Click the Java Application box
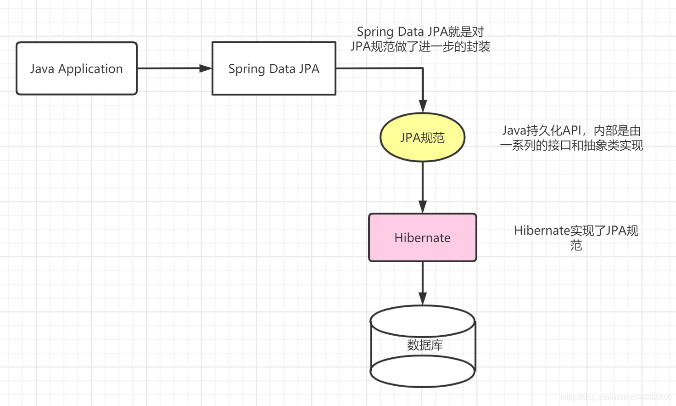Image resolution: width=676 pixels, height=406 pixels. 77,68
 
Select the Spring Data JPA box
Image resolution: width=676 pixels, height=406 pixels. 274,68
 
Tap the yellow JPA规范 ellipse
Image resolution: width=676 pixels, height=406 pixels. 422,137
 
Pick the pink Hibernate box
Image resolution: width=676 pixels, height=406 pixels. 422,237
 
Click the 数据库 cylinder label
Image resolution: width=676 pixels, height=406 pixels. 425,345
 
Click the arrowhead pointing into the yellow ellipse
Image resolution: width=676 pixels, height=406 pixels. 423,106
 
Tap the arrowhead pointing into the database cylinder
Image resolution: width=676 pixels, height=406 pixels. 423,299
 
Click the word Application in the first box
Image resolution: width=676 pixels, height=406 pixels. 90,69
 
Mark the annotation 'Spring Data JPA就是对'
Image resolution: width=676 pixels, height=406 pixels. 420,32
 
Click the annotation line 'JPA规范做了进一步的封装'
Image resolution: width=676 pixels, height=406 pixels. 420,46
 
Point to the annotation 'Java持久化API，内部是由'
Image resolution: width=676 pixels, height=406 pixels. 571,130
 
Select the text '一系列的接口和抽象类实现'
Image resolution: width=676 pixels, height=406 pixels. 571,145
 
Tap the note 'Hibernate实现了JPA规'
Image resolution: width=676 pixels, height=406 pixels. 576,230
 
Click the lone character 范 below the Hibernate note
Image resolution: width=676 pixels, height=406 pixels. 576,245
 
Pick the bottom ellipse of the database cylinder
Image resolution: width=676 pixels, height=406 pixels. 422,372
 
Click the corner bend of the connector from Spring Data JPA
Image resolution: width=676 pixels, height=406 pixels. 423,68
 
